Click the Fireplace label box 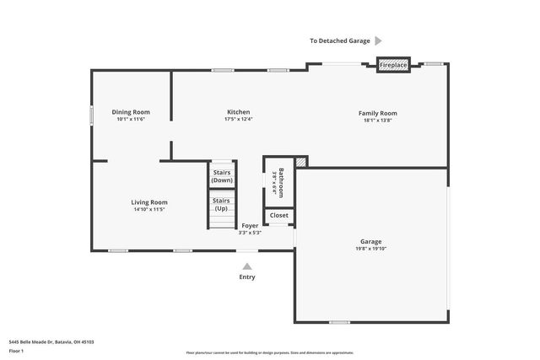coord(392,65)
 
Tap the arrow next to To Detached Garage coord(378,40)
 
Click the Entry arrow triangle coord(246,266)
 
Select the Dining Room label coord(131,112)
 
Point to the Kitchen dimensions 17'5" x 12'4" coord(238,120)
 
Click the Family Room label coord(377,113)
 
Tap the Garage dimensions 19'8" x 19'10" coord(371,250)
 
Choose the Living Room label coord(148,202)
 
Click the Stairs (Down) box coord(222,177)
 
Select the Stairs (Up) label coord(222,204)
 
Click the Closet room coord(278,216)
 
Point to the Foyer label coord(250,226)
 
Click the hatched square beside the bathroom coord(300,162)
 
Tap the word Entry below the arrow coord(246,277)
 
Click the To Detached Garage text coord(339,40)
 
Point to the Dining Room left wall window coord(92,115)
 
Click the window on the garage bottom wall coord(339,321)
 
